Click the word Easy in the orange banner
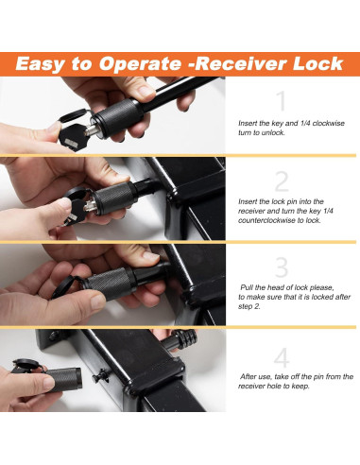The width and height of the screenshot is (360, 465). (40, 64)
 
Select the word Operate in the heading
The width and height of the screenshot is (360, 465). (140, 64)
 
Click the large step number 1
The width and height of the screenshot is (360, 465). (282, 101)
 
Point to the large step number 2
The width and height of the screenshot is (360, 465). (282, 181)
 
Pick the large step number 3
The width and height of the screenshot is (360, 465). (282, 267)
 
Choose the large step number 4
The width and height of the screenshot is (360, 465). (282, 357)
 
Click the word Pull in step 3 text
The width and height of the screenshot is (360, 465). (246, 287)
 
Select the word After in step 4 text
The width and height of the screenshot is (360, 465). (248, 376)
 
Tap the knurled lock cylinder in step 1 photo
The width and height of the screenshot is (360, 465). (117, 116)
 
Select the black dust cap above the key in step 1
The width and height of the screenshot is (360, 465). (74, 115)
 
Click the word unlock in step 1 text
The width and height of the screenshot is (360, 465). (273, 132)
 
